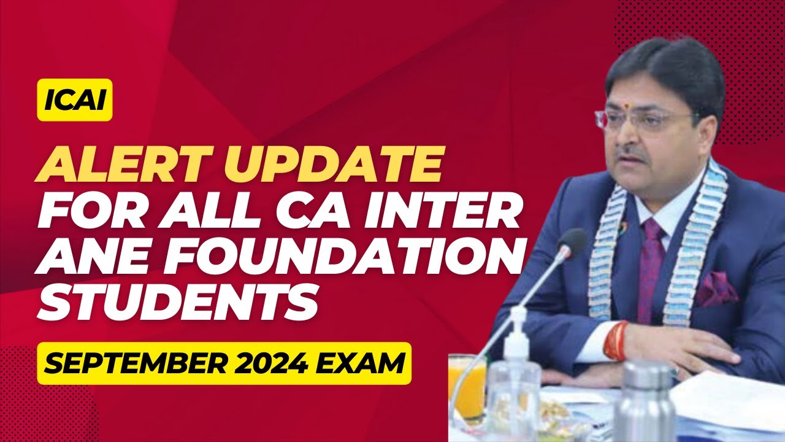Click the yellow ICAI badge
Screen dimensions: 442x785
coord(75,100)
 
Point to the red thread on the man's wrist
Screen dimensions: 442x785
coord(616,340)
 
